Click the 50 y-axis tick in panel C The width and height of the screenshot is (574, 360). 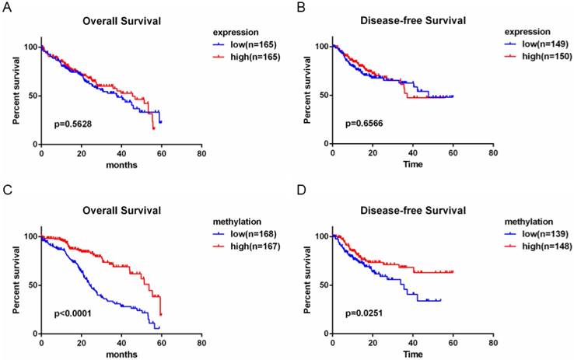coord(30,285)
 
